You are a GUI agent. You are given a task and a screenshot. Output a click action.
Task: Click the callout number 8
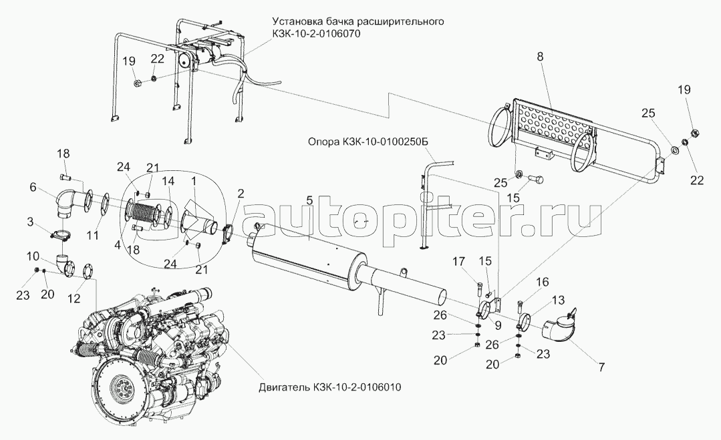[540, 57]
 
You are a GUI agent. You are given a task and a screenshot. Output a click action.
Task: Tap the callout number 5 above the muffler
[309, 200]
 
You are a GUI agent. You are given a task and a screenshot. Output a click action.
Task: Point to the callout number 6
[33, 187]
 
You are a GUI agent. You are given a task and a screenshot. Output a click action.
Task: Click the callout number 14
[168, 181]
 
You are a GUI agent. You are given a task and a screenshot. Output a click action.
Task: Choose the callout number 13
[558, 300]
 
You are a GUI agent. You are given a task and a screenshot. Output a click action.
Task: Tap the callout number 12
[74, 298]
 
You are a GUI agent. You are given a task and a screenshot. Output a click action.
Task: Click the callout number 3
[30, 223]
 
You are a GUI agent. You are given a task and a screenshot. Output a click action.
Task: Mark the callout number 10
[33, 256]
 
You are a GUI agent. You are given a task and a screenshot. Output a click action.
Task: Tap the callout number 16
[543, 282]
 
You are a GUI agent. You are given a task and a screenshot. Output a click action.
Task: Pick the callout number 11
[93, 236]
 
